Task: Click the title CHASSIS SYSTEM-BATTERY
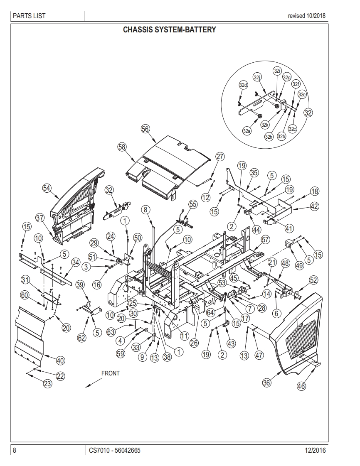169,30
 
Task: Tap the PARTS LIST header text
29,16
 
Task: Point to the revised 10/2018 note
306,16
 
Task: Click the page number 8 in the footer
15,450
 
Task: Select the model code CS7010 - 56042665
114,450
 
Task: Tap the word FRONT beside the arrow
110,373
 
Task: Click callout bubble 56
145,129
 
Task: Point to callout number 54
47,188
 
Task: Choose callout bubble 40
60,360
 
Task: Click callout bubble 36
266,383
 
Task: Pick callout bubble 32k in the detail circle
265,125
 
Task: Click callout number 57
265,240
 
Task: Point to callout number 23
48,384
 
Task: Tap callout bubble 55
193,204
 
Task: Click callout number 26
194,343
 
